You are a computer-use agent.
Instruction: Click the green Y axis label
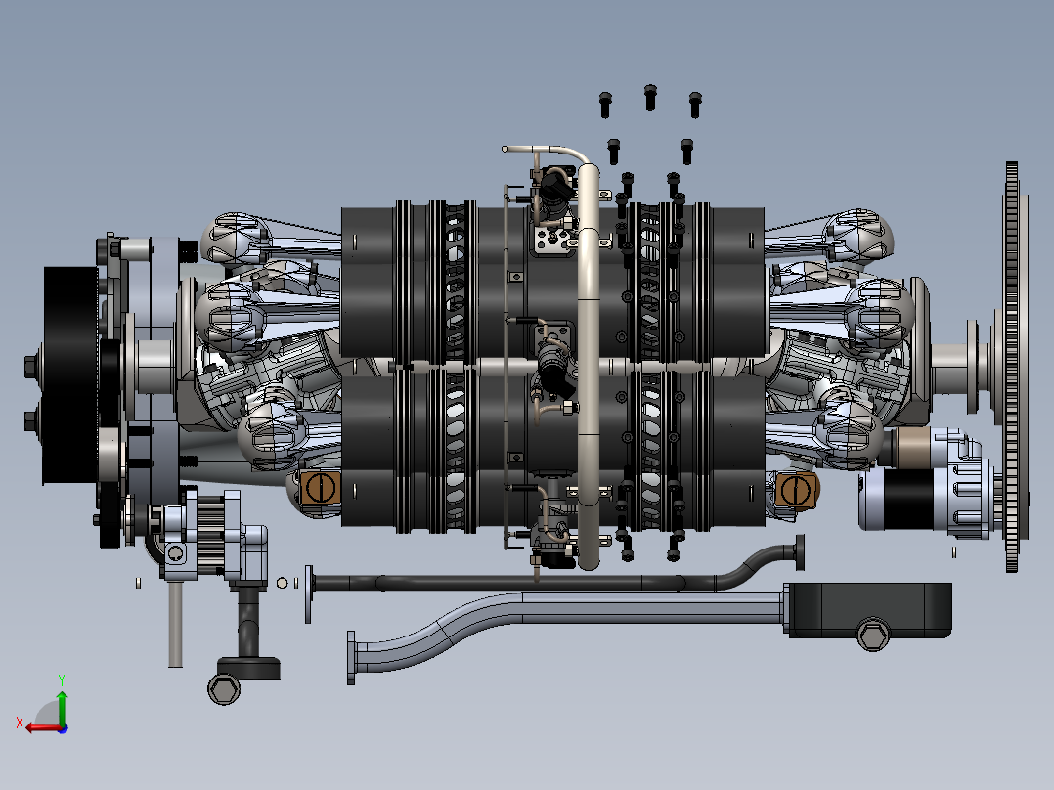(62, 680)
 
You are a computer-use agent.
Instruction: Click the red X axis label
(20, 723)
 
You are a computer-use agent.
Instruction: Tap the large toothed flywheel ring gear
(1012, 367)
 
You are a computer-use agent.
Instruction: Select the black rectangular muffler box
(870, 610)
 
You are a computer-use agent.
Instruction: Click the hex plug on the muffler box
(873, 634)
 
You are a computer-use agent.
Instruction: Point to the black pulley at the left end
(69, 374)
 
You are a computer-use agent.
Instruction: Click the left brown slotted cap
(320, 488)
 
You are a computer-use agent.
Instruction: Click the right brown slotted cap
(797, 490)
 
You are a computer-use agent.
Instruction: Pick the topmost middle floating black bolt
(650, 97)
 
